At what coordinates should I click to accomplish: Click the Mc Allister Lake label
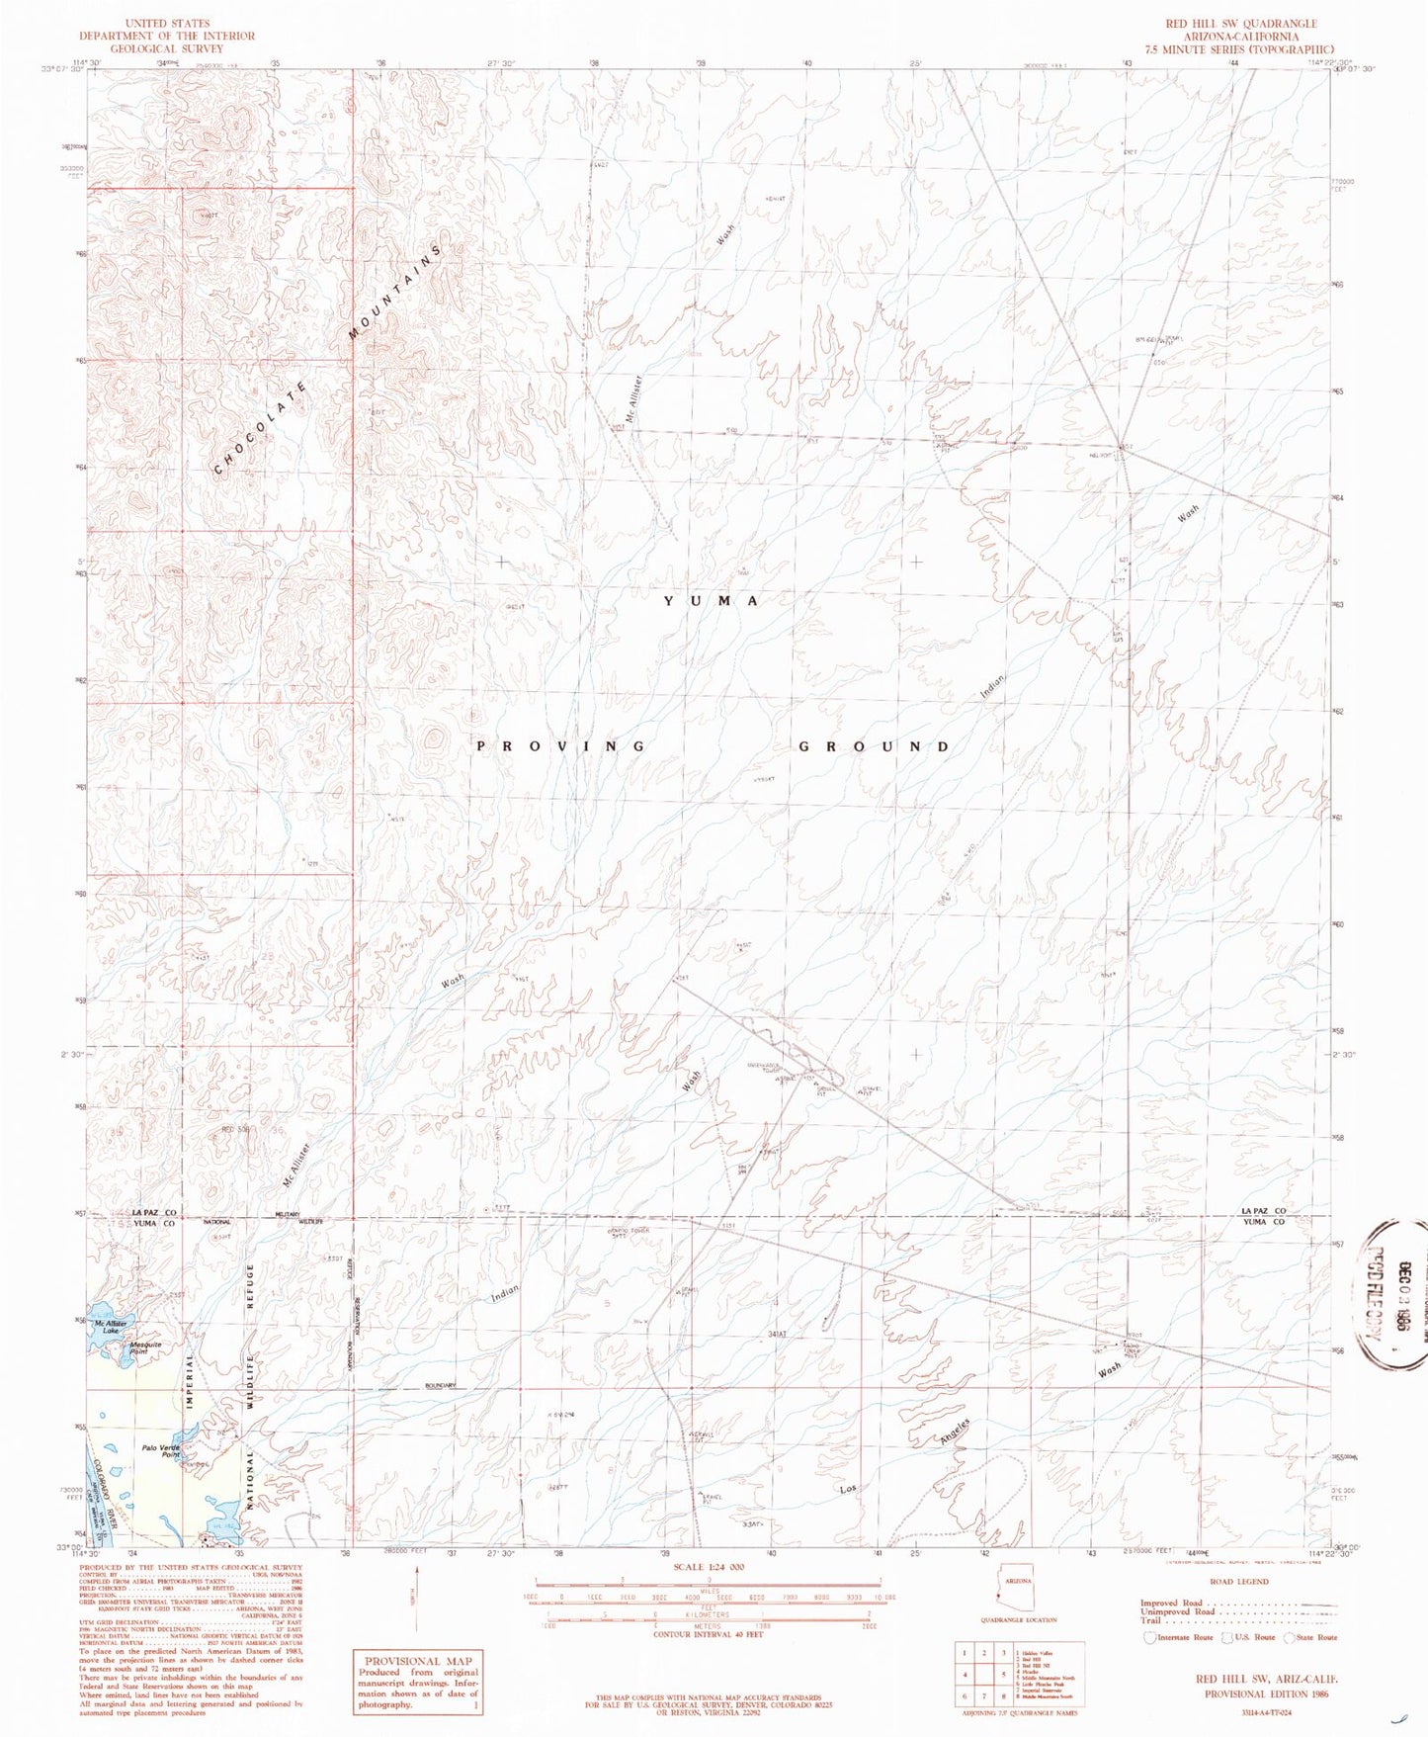110,1327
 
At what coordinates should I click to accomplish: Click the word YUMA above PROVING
711,601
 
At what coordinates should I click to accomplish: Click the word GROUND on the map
874,746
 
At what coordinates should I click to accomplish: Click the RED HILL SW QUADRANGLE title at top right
1255,24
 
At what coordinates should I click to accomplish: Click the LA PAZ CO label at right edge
1263,1211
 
